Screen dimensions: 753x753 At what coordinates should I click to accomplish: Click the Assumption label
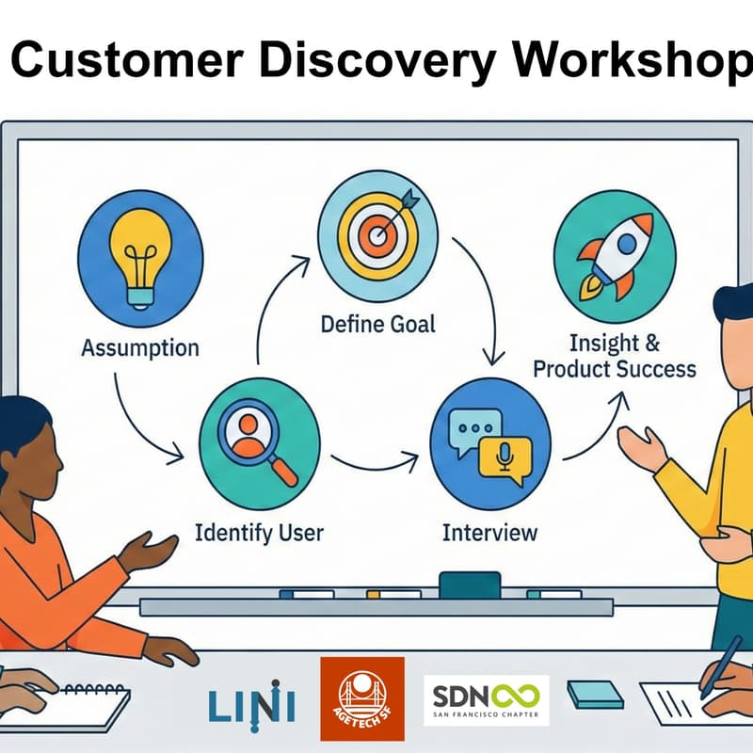point(140,347)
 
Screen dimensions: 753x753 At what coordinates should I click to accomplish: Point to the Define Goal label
point(378,325)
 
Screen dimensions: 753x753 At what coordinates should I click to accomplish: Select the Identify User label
point(258,533)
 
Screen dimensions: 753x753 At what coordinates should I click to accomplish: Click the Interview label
point(489,533)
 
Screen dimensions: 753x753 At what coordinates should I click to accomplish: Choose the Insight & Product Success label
point(614,355)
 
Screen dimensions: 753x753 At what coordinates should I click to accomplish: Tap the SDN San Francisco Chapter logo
point(486,700)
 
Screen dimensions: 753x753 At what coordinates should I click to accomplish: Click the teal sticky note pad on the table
point(595,695)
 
